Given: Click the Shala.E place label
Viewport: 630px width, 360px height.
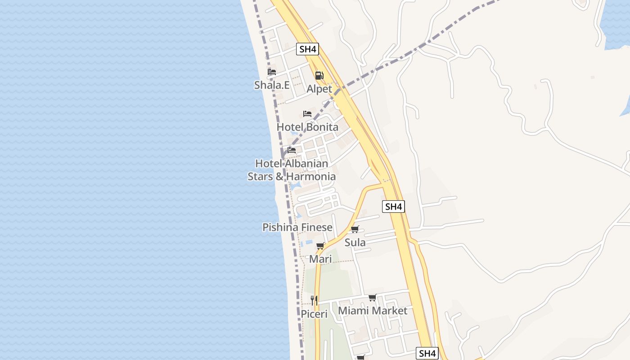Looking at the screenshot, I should click(x=272, y=85).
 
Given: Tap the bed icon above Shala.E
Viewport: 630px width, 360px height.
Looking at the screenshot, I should click(x=272, y=72).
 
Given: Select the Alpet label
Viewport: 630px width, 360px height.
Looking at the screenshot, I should click(x=319, y=89).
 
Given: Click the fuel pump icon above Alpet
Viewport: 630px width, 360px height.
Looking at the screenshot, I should click(x=319, y=76).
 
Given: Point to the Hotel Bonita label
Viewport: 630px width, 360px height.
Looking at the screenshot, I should click(x=307, y=127).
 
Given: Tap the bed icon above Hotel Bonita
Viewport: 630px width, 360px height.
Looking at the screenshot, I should click(x=307, y=114).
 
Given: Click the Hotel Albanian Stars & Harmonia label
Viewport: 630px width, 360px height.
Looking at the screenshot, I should click(x=292, y=170).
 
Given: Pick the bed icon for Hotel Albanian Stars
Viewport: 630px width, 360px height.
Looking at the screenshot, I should click(x=292, y=150).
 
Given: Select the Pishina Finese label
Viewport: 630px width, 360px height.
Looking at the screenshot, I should click(x=297, y=227).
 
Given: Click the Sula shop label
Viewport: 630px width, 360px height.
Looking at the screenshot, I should click(x=355, y=243).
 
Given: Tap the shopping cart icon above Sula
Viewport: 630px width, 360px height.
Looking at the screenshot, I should click(x=355, y=229).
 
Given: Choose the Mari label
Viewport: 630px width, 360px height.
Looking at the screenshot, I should click(x=320, y=259).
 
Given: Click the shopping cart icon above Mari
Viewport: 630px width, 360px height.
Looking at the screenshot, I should click(x=320, y=246).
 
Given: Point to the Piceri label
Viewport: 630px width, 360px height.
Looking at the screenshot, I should click(x=314, y=314).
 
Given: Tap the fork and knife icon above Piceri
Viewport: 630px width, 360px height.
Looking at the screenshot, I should click(x=314, y=300).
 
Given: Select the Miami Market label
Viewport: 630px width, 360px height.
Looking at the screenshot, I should click(x=373, y=310).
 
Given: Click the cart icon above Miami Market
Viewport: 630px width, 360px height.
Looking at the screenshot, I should click(x=373, y=297).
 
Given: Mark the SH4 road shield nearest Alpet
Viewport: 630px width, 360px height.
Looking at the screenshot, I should click(x=308, y=49).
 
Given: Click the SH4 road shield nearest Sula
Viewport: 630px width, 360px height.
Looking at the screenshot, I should click(x=393, y=207).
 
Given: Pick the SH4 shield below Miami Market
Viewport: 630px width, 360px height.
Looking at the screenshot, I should click(x=427, y=353).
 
